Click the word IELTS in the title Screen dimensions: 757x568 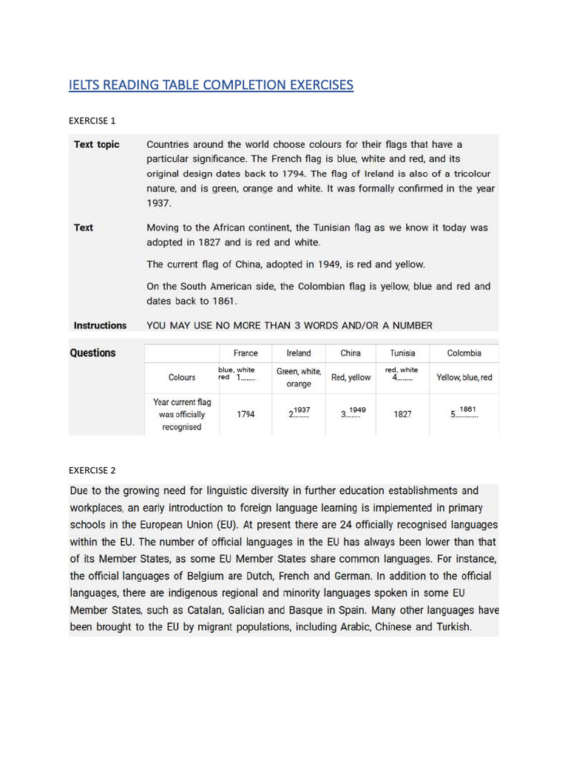(x=84, y=85)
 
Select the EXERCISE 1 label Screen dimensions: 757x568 (x=92, y=120)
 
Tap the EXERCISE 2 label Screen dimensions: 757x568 (x=92, y=470)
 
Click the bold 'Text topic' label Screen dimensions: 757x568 (x=96, y=144)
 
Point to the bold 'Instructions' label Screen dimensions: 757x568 (x=100, y=325)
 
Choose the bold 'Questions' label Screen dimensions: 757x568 (x=92, y=353)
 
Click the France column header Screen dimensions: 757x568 (x=246, y=353)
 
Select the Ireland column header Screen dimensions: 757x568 (x=299, y=353)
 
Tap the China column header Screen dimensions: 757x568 (x=351, y=353)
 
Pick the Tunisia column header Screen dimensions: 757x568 (x=402, y=353)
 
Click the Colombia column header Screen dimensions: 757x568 (x=464, y=353)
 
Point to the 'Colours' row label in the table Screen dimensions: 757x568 (x=182, y=377)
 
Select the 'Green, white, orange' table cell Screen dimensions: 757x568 (x=299, y=378)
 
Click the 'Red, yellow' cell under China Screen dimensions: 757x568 (x=351, y=378)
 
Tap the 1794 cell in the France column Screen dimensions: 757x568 (x=246, y=415)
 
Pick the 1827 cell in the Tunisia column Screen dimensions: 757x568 (x=402, y=415)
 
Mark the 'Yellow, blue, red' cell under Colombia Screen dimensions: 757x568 (x=464, y=378)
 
